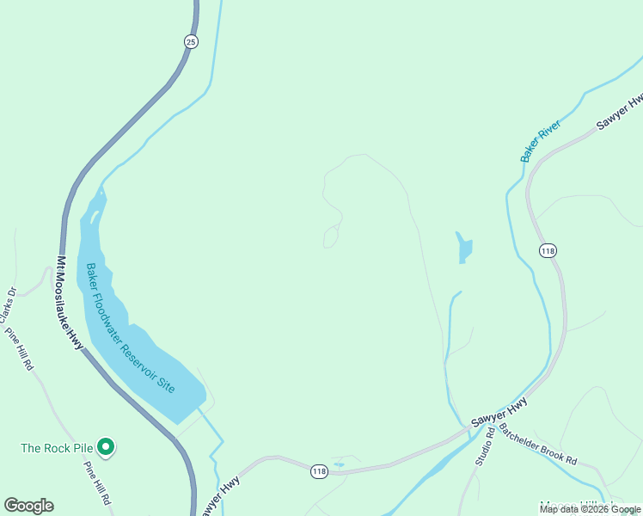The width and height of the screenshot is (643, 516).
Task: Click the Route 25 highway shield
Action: [x=191, y=40]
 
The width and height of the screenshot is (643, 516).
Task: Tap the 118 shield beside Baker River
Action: [x=548, y=250]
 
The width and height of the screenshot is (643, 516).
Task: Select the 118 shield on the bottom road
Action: [x=319, y=471]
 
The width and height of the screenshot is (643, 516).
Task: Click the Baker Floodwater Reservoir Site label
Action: [x=130, y=328]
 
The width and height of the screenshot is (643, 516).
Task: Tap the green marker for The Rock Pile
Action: [x=106, y=446]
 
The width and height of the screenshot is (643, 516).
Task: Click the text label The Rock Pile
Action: [x=57, y=448]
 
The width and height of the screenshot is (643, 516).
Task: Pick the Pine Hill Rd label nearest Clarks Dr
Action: [x=20, y=349]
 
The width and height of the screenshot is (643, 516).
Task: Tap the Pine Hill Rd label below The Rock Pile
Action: [x=96, y=483]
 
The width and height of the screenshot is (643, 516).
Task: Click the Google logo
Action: [x=28, y=506]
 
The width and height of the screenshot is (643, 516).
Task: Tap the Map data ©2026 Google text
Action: [x=590, y=510]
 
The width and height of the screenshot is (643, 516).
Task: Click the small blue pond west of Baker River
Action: [x=464, y=249]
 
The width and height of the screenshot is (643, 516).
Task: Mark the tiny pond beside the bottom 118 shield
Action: [x=339, y=465]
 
